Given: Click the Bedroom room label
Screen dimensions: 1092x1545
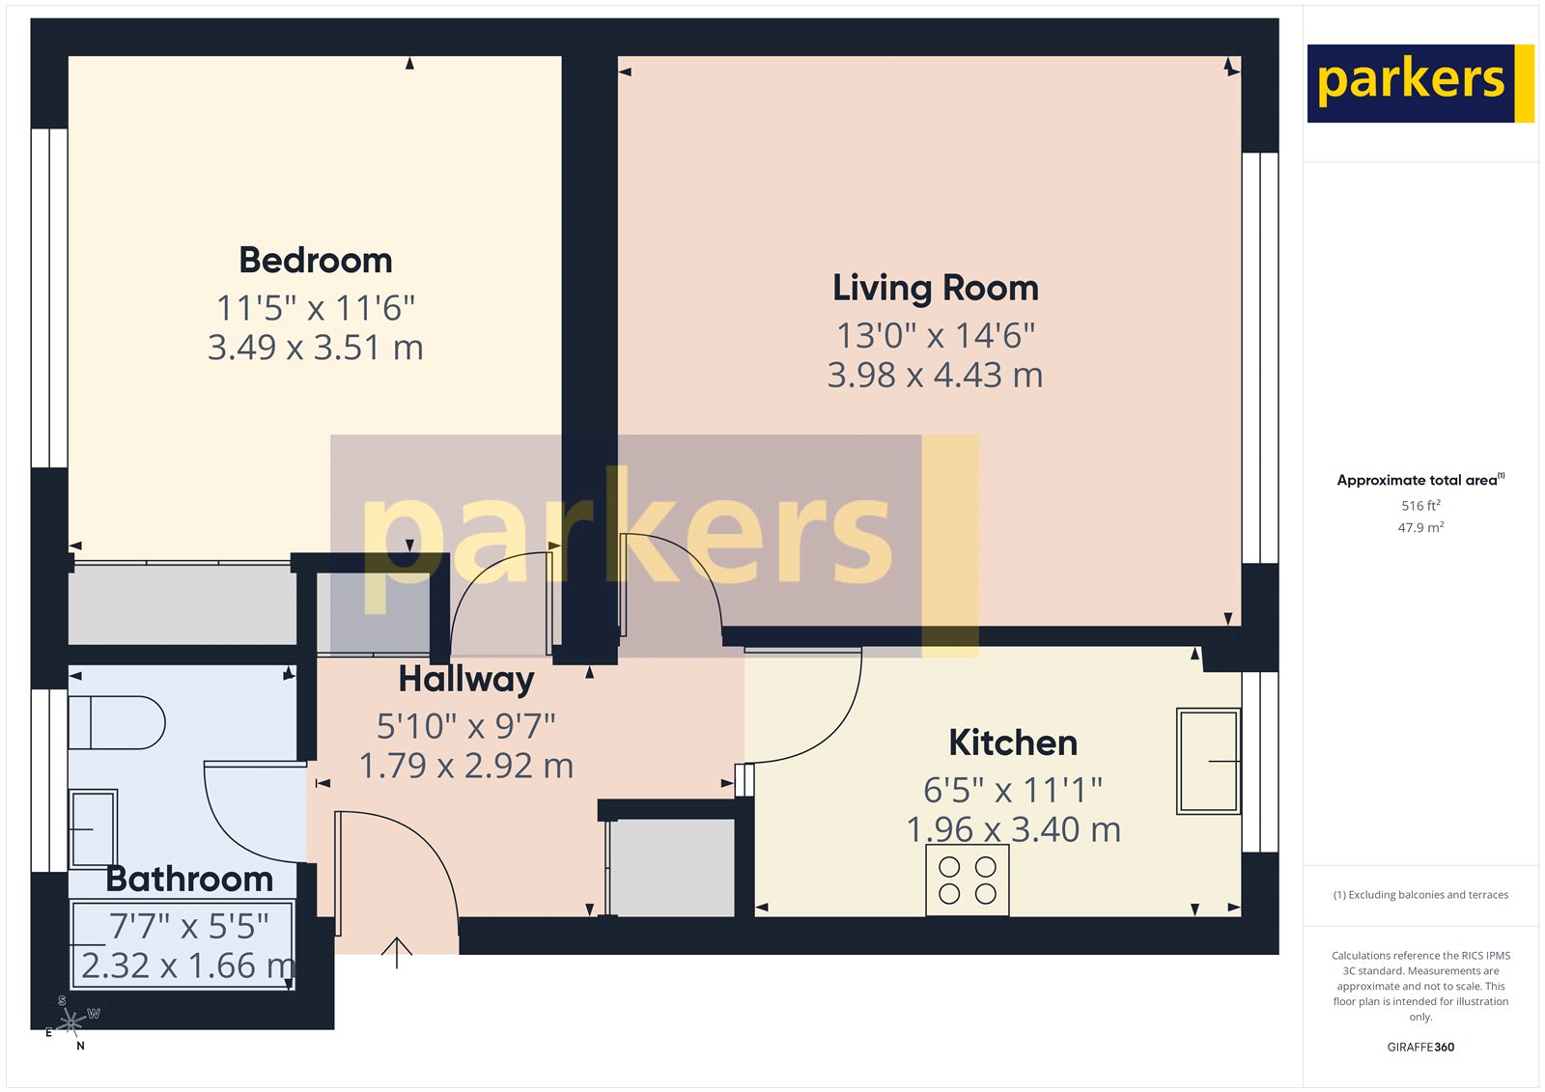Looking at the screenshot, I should click(x=316, y=261).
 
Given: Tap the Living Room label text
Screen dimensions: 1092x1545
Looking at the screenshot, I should click(x=935, y=288).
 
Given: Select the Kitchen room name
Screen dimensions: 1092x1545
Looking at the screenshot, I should click(x=1013, y=742).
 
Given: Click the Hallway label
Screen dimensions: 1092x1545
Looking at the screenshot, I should click(x=466, y=680).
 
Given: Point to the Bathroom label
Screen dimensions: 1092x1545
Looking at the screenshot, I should click(x=189, y=879).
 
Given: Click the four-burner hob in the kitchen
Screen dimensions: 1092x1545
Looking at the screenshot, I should click(x=968, y=880).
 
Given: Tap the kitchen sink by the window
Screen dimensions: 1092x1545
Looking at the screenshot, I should click(x=1208, y=761).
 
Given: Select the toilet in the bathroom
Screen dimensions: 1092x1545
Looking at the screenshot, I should click(x=116, y=722).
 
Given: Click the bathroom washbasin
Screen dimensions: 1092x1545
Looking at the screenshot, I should click(x=93, y=828).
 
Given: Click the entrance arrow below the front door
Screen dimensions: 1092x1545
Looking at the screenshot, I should click(x=397, y=952).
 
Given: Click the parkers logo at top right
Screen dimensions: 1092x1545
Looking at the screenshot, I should click(x=1419, y=83).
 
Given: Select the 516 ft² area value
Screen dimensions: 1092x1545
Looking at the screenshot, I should click(x=1420, y=506).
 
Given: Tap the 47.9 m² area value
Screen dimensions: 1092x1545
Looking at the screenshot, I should click(x=1420, y=528).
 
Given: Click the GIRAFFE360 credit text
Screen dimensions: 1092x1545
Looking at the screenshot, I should click(x=1420, y=1047).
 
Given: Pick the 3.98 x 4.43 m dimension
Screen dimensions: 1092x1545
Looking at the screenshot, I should click(x=935, y=375).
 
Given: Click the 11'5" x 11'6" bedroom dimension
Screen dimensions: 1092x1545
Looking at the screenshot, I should click(x=316, y=309).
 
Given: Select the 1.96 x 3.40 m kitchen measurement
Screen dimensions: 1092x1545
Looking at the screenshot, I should click(x=1013, y=829).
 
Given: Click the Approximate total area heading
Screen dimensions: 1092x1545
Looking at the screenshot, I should click(x=1419, y=480).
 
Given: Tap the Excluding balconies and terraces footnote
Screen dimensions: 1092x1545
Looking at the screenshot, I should click(x=1420, y=895).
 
